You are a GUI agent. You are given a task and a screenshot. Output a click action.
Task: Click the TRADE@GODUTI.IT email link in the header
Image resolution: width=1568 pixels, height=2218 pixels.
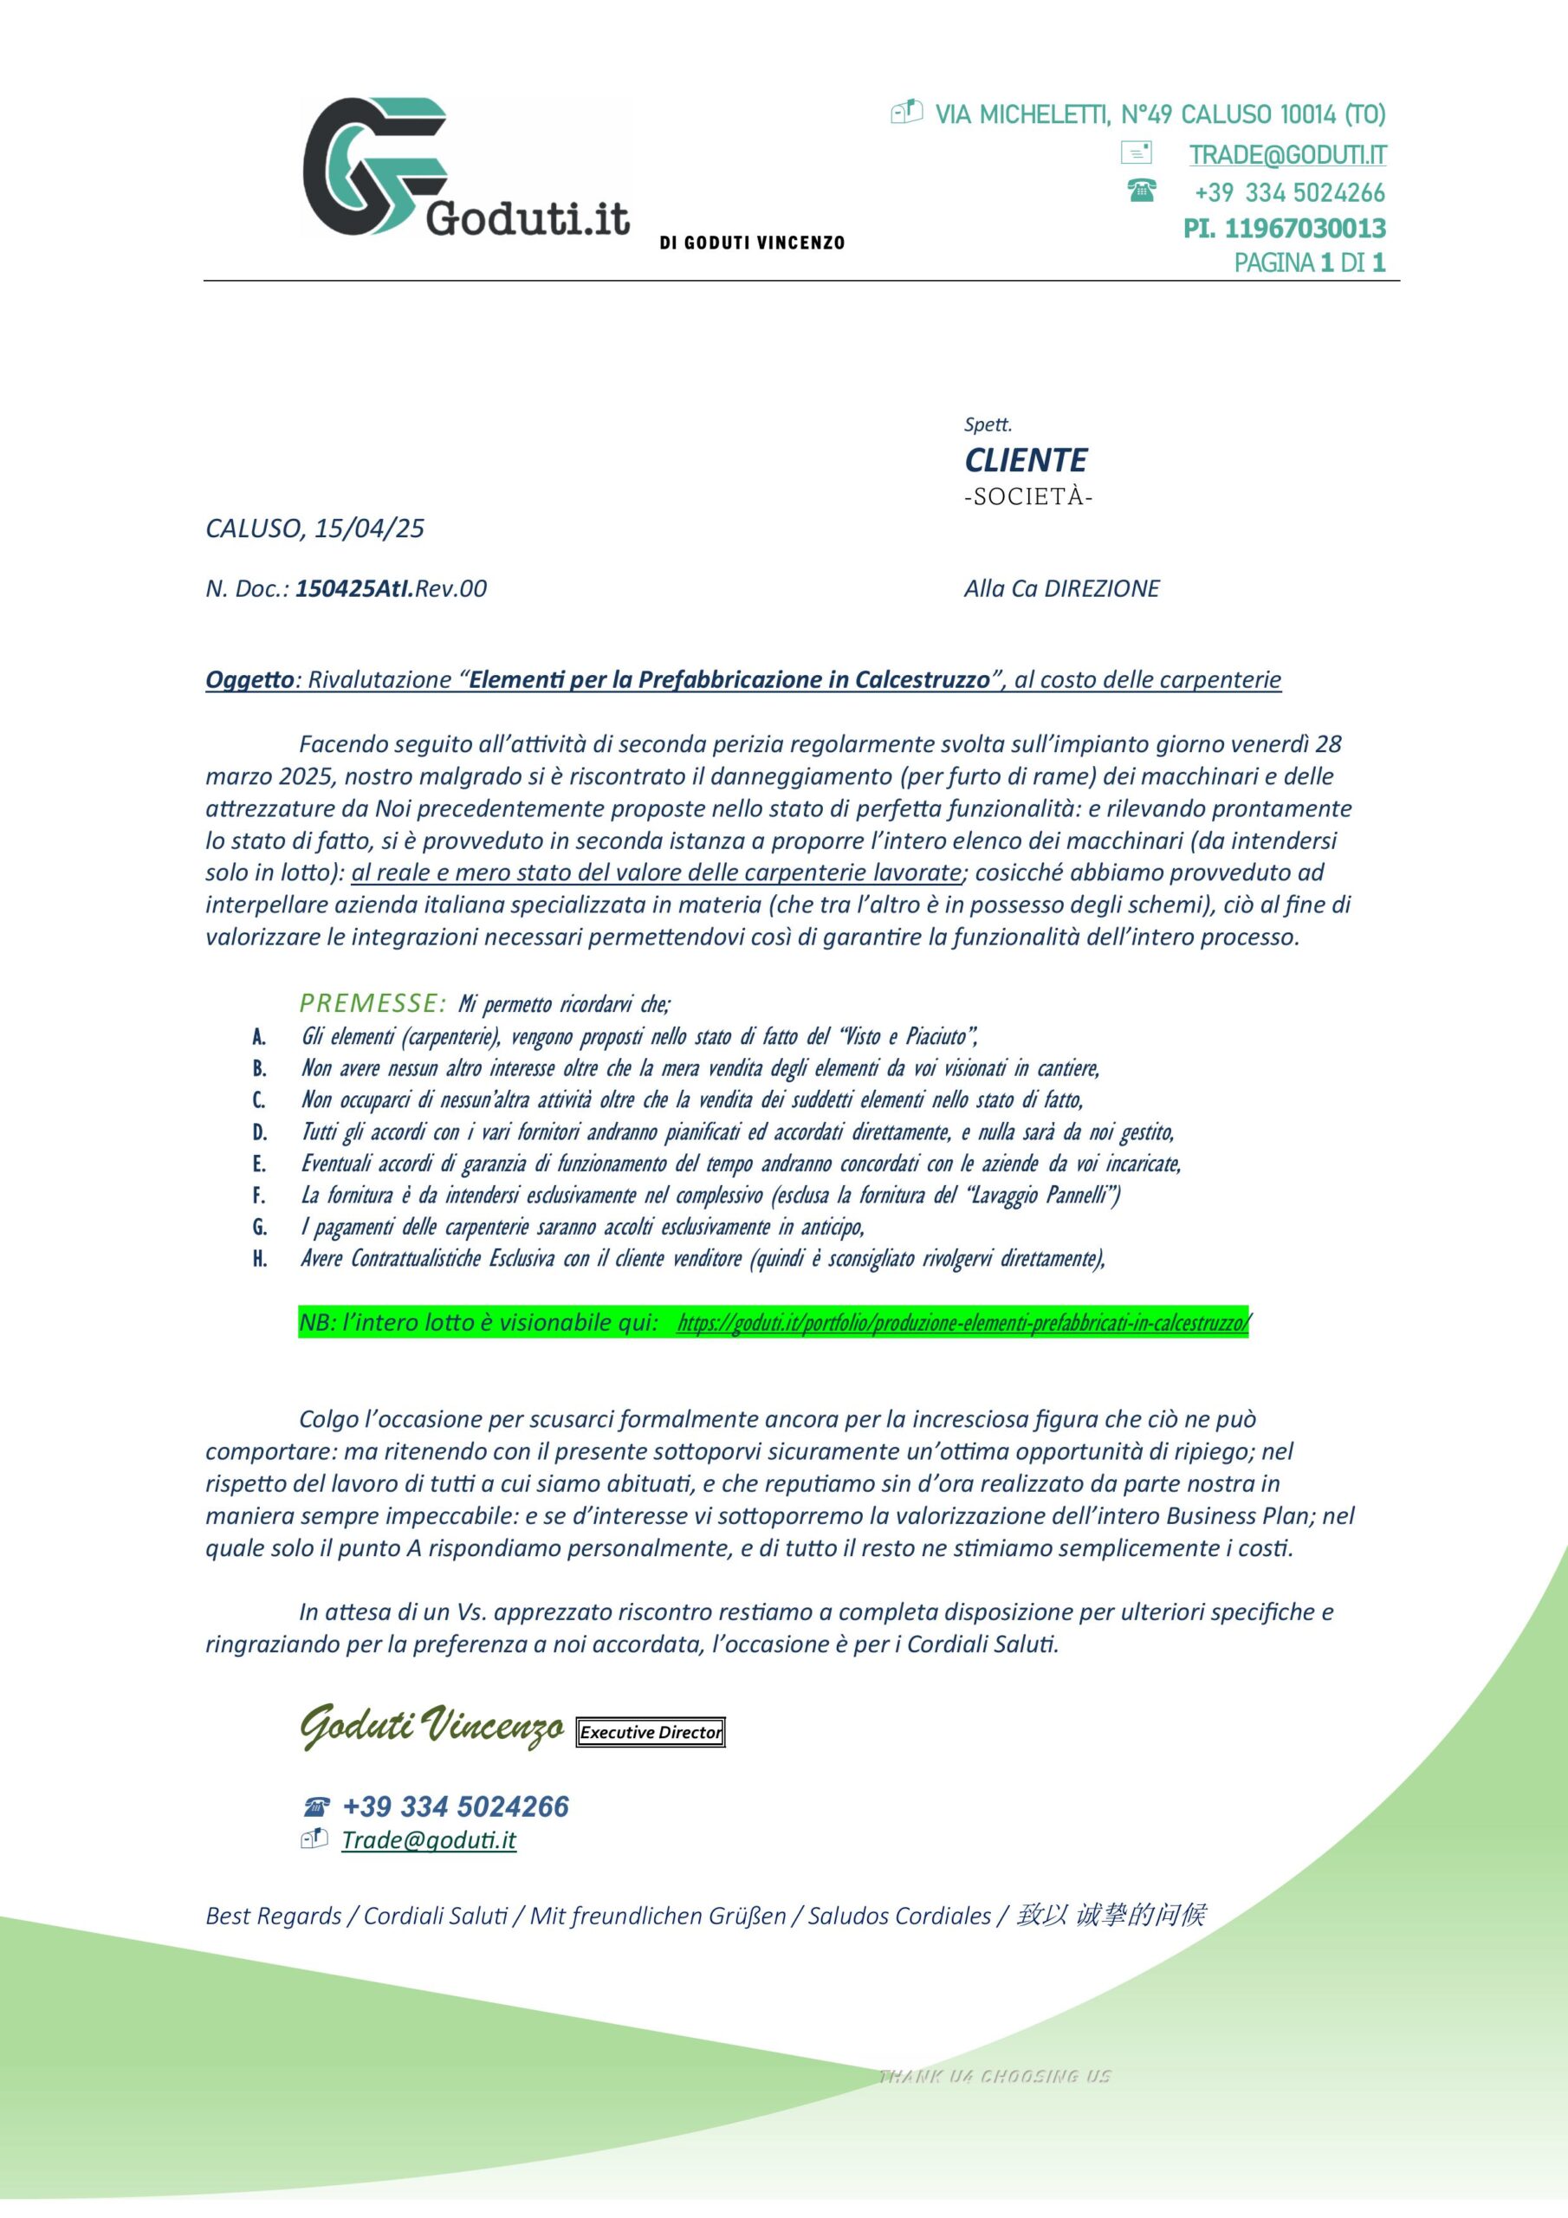tap(1286, 154)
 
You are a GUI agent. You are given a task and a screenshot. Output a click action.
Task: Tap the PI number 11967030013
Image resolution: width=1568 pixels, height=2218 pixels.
tap(1305, 229)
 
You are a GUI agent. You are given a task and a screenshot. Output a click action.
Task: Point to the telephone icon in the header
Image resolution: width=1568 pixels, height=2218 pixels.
tap(1141, 191)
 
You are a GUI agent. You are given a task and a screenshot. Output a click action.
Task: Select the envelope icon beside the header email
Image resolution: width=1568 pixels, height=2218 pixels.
tap(1135, 152)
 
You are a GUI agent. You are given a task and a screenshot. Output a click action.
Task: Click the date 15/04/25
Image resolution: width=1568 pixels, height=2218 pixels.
tap(369, 529)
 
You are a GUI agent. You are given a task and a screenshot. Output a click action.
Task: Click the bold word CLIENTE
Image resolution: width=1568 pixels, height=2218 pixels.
tap(1025, 460)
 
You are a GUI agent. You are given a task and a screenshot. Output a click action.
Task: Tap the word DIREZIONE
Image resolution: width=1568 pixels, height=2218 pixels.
tap(1101, 588)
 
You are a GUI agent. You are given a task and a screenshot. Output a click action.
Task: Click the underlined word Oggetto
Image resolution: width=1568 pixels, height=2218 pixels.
tap(249, 680)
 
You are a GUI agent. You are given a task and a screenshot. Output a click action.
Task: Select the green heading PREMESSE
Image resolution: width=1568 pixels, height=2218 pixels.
tap(372, 1002)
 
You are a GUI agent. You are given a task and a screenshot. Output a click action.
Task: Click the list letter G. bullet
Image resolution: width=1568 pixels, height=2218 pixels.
tap(260, 1228)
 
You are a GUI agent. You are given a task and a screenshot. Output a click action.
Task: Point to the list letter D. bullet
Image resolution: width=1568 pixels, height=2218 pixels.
tap(260, 1132)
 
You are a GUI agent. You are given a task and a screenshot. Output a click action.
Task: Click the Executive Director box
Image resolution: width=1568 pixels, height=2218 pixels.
tap(651, 1732)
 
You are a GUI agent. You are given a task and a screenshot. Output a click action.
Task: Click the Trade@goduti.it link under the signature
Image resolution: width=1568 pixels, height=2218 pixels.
tap(429, 1839)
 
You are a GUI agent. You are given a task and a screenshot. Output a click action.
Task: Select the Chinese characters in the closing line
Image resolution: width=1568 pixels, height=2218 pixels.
tap(1110, 1915)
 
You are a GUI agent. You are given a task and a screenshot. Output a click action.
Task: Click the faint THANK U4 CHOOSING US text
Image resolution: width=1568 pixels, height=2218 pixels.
tap(995, 2076)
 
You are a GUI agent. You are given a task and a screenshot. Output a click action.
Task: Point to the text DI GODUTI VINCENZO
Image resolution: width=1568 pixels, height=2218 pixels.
tap(752, 243)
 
